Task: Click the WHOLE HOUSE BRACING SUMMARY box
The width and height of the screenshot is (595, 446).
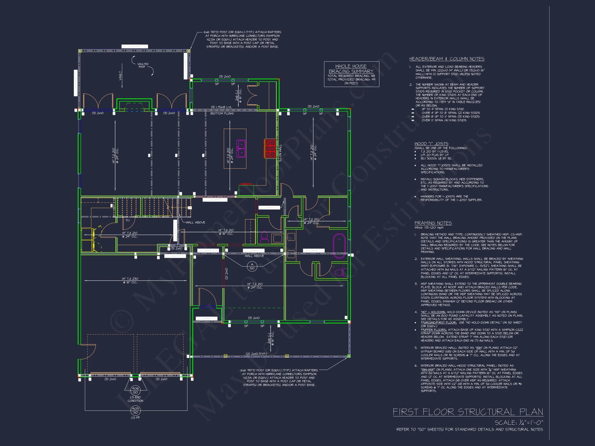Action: click(351, 74)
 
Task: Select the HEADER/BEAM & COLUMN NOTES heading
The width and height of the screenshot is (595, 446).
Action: click(447, 59)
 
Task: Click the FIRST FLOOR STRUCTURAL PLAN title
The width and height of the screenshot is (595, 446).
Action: click(468, 412)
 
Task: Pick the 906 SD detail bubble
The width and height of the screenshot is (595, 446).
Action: click(135, 390)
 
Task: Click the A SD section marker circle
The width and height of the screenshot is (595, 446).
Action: click(252, 266)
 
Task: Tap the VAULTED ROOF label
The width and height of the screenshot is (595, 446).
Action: click(143, 65)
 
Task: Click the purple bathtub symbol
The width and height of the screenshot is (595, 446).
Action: click(339, 246)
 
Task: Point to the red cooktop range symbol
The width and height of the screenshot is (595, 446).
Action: click(270, 148)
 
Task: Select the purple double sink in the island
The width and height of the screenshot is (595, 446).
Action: click(241, 148)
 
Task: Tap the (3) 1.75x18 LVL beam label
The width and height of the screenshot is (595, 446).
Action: click(222, 107)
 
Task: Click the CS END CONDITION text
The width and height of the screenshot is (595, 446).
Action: click(135, 399)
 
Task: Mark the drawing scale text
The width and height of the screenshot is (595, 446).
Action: click(519, 423)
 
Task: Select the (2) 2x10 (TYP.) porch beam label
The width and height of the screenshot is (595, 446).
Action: click(256, 354)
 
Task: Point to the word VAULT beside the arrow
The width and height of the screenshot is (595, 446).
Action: click(120, 76)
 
